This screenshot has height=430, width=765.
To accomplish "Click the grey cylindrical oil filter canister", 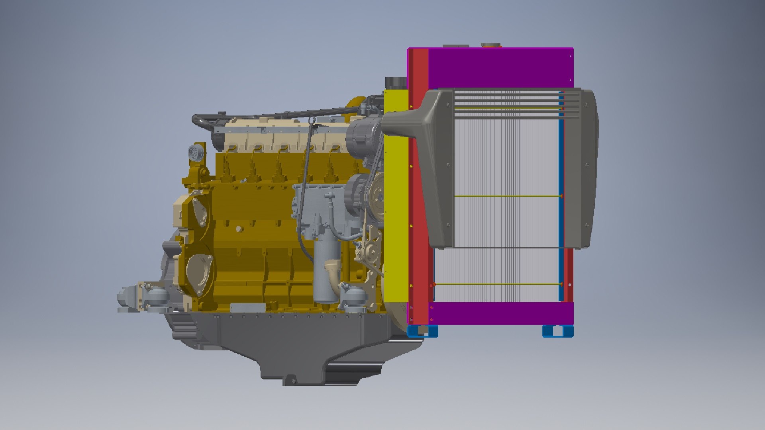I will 325,275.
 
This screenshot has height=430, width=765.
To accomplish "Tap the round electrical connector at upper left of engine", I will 194,152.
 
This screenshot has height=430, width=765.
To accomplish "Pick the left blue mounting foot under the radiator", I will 422,331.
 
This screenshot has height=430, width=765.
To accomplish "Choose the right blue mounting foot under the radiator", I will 558,331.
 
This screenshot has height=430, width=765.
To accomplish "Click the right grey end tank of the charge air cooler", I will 584,167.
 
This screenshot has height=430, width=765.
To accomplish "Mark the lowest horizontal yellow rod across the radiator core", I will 498,284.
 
